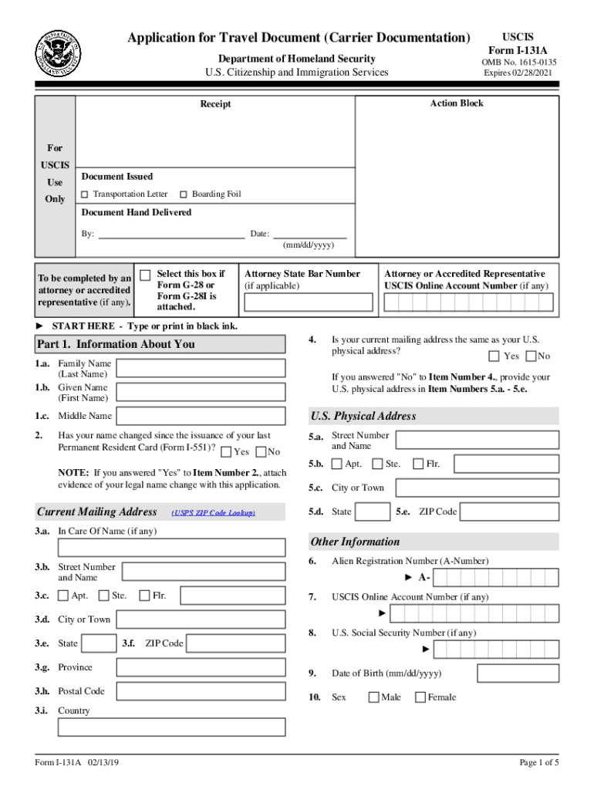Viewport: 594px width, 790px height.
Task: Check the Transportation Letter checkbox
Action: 85,194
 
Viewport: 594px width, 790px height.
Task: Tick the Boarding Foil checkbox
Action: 184,194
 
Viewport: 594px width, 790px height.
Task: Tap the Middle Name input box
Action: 204,416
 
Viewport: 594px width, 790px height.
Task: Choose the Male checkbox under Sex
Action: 373,697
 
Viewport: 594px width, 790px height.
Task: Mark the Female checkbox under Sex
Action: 420,697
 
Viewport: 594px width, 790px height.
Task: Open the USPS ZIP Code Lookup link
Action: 214,513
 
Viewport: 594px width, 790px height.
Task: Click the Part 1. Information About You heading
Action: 116,344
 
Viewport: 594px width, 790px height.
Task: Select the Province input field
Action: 204,667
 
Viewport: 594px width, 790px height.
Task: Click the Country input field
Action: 171,727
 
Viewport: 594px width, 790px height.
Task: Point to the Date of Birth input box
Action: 501,674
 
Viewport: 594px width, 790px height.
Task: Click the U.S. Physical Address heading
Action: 363,416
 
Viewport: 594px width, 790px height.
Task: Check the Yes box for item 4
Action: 494,356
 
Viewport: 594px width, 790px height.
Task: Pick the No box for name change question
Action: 261,452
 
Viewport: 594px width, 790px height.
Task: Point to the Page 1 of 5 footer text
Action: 538,763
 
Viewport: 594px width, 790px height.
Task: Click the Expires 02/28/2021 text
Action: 518,73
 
